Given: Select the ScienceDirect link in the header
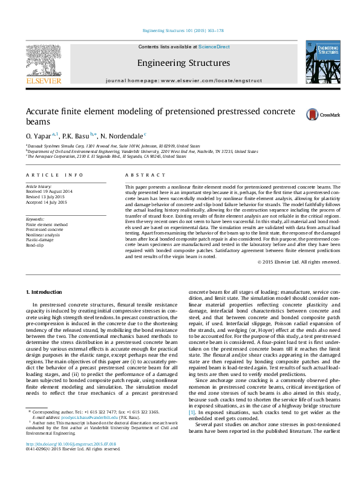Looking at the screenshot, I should pos(214,47).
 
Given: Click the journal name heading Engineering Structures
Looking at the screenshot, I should pos(183,63).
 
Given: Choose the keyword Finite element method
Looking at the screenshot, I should pos(46,224).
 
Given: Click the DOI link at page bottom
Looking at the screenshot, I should pos(61,461).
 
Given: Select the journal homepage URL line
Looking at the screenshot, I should pos(183,80).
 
